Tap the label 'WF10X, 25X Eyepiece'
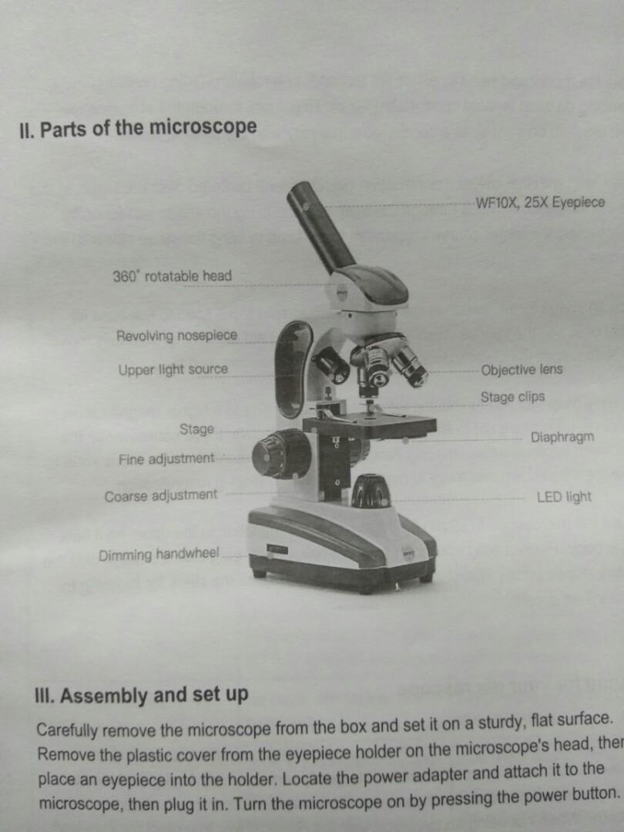click(541, 203)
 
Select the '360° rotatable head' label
click(172, 276)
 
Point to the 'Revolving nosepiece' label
click(176, 336)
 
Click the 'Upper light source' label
click(173, 370)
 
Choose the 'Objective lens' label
click(522, 370)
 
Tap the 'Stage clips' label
click(512, 398)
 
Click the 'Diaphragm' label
click(562, 438)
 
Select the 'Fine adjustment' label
click(166, 459)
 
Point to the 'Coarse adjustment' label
click(161, 495)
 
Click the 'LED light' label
click(564, 497)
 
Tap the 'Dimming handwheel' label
click(159, 555)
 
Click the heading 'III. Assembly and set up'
click(143, 695)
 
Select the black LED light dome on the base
click(371, 491)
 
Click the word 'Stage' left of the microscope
click(196, 429)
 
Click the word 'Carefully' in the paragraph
click(67, 730)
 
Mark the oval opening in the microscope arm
click(294, 370)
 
